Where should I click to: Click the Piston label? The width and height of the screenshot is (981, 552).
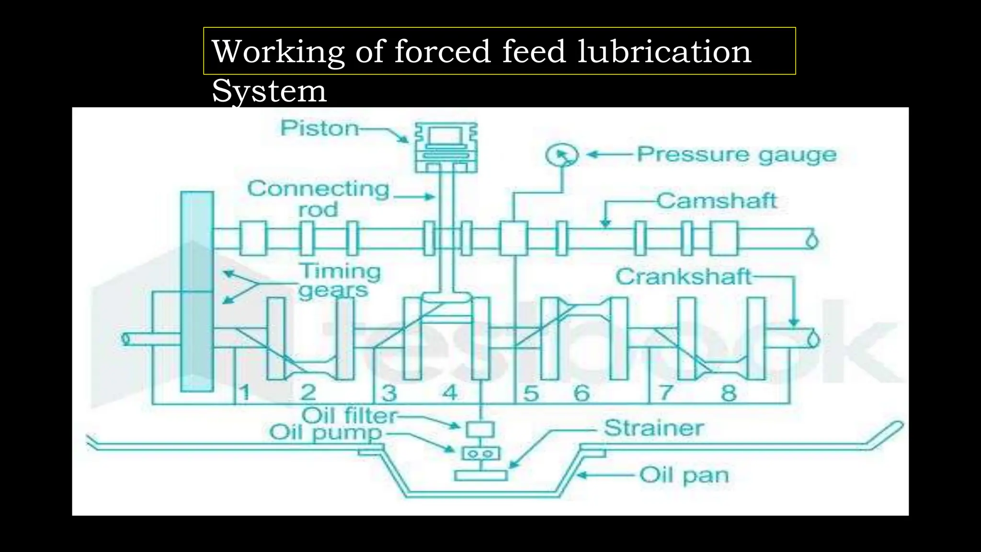(x=319, y=128)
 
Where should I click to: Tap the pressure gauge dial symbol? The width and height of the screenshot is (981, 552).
(x=562, y=155)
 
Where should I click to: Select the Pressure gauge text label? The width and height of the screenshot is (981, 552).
(x=736, y=155)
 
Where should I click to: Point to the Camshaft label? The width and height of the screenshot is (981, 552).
(x=716, y=200)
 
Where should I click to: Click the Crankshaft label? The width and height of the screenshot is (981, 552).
(x=684, y=277)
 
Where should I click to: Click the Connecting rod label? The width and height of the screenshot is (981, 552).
(x=318, y=198)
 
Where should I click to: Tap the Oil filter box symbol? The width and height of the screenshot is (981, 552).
(x=480, y=428)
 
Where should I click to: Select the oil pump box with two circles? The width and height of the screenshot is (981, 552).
(x=480, y=453)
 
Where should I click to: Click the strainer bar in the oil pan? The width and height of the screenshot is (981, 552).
(x=480, y=475)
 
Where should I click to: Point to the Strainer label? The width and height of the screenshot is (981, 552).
(x=653, y=428)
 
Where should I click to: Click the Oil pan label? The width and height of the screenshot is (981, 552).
(x=684, y=475)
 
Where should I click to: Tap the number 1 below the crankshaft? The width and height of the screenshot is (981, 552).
(x=245, y=393)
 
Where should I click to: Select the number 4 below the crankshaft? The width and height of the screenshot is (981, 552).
(x=449, y=393)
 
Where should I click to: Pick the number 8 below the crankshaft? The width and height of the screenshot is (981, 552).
(x=729, y=393)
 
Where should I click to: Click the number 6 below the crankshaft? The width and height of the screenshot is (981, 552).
(x=582, y=393)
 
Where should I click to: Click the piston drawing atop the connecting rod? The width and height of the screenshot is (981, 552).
(x=446, y=148)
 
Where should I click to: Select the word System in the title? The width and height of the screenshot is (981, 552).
(x=269, y=91)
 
